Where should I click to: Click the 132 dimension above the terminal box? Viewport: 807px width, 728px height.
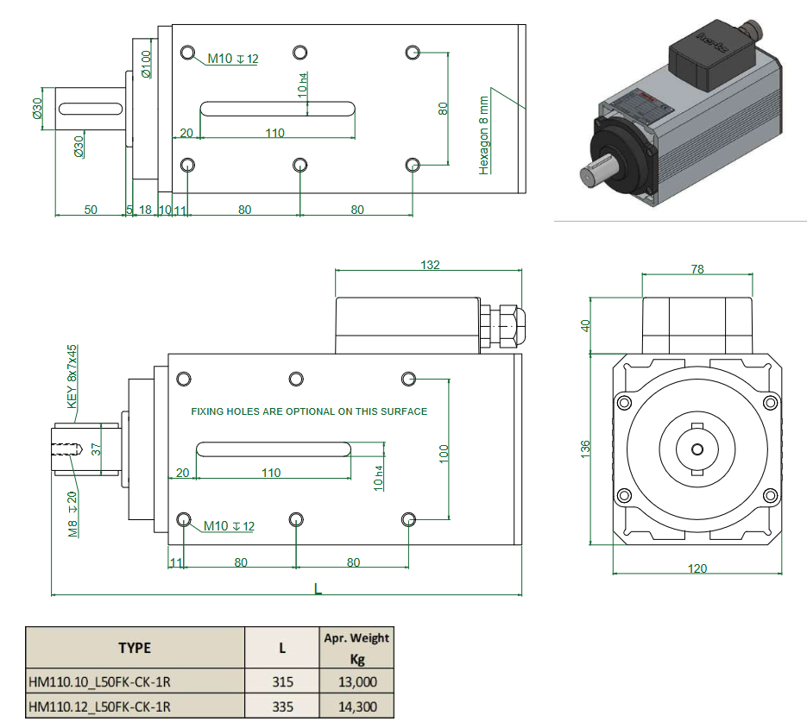(x=430, y=265)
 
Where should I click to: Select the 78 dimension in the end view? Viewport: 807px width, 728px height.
(x=697, y=269)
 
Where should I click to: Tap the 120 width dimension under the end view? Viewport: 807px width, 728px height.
(x=697, y=568)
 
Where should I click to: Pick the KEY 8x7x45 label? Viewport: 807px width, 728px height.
(x=73, y=376)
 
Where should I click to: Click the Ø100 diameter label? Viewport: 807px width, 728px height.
(x=147, y=65)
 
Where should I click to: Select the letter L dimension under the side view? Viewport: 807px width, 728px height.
(x=318, y=589)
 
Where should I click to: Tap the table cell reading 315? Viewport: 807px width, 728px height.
(x=282, y=681)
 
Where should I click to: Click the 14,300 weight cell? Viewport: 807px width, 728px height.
(x=356, y=706)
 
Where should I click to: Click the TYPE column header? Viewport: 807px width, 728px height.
(x=135, y=648)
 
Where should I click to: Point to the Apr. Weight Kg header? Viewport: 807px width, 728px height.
(x=356, y=647)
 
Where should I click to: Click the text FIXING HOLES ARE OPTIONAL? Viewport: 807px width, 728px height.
(x=309, y=411)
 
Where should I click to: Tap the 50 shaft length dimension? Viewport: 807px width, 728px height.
(x=90, y=210)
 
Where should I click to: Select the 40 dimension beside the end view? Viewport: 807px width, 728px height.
(x=586, y=325)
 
